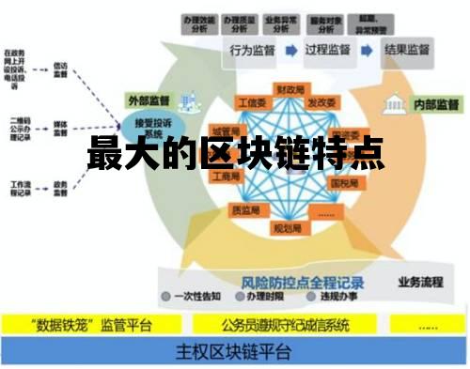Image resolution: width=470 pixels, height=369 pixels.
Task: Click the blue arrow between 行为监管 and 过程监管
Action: point(290,50)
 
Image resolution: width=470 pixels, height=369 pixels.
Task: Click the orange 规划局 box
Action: point(286,227)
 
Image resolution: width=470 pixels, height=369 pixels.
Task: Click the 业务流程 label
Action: point(418,281)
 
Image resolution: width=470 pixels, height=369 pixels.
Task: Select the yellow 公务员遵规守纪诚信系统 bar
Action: point(286,326)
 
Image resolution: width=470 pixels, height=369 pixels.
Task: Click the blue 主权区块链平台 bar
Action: point(235,353)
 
